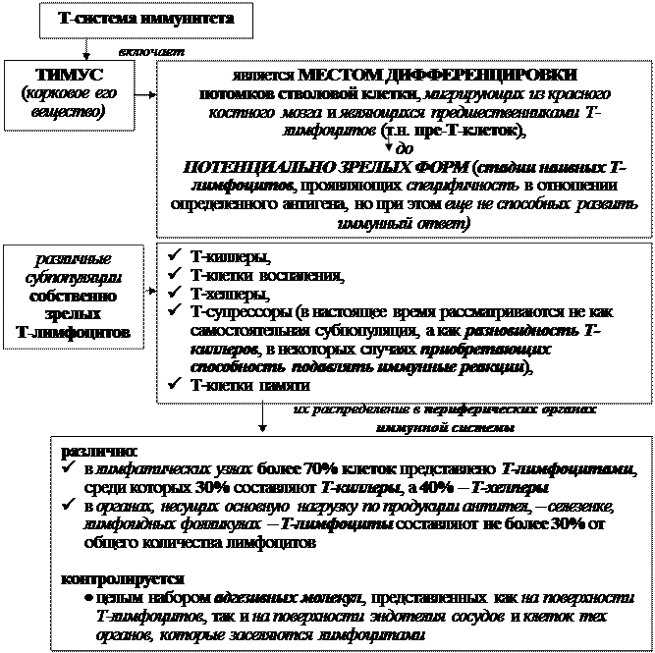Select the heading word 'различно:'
pos(91,452)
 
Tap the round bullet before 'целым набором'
pos(88,597)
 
